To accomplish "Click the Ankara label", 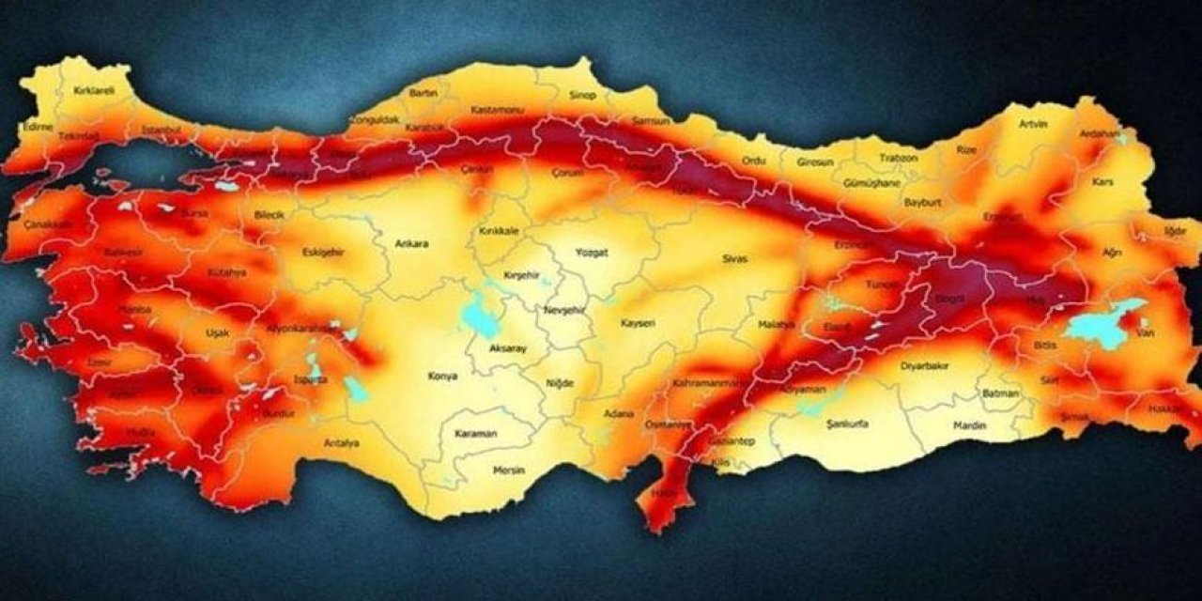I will [411, 244].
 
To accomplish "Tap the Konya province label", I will [442, 376].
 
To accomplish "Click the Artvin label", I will [1033, 124].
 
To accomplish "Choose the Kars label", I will [1102, 182].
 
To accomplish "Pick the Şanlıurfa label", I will [847, 424].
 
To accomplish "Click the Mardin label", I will [970, 425].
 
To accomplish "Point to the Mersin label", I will [510, 470].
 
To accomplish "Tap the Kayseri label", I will [638, 323].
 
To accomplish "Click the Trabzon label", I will [898, 158].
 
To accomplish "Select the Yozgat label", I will [592, 253].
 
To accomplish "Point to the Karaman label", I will [476, 435].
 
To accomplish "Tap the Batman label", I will [1000, 393].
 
